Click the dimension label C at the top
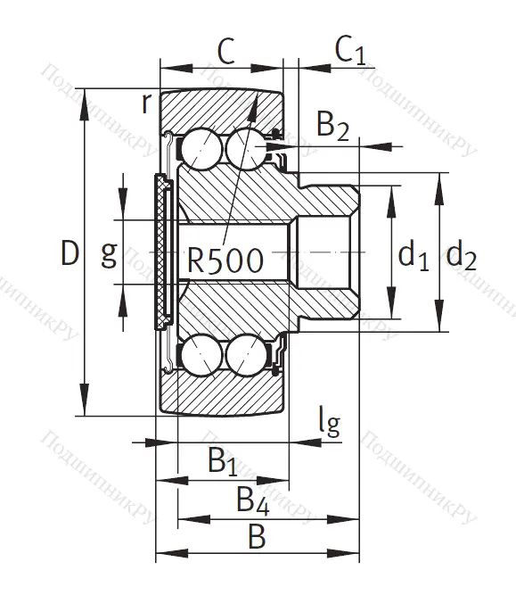(x=225, y=52)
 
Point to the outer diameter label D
(x=70, y=254)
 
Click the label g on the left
(x=108, y=254)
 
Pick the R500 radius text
(x=225, y=261)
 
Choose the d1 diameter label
(x=414, y=257)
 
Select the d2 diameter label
(x=462, y=257)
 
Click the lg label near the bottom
(x=329, y=422)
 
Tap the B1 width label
(x=222, y=462)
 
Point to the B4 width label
(x=252, y=501)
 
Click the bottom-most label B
(x=257, y=538)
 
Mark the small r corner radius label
(x=146, y=103)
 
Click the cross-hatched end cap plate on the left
(x=161, y=252)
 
